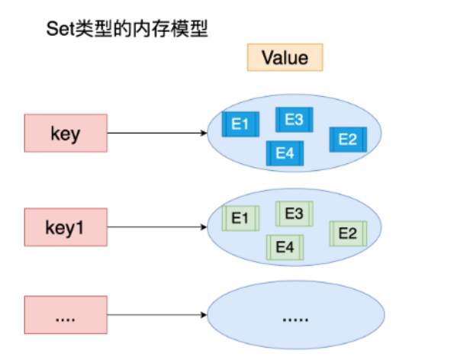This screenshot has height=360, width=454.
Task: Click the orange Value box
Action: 285,57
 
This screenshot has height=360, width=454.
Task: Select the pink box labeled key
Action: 66,133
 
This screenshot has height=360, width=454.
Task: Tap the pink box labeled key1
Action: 66,227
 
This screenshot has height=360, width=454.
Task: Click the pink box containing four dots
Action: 66,315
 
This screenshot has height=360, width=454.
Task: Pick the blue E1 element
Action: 240,124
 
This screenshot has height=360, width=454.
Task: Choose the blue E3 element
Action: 295,120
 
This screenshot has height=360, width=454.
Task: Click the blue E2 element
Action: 348,140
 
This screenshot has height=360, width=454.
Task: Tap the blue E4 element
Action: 285,153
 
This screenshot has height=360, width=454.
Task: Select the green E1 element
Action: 240,218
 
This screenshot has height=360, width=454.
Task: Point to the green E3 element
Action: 295,214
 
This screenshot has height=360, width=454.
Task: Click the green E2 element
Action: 348,233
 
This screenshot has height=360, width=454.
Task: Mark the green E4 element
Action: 285,247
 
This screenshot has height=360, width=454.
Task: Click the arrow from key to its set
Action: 157,133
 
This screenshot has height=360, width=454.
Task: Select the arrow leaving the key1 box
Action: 157,227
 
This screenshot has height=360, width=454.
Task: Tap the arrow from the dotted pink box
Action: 157,315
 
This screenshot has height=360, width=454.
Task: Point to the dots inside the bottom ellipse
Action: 295,320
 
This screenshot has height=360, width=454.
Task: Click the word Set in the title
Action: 60,29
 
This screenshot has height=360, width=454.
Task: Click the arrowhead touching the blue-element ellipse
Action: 204,133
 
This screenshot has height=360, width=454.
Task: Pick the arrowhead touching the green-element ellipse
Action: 204,227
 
